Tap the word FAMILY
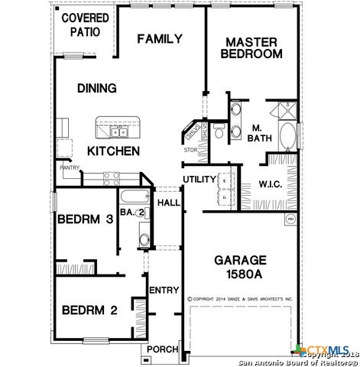[159, 39]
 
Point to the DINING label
[96, 88]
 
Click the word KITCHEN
[112, 151]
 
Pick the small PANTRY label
[70, 167]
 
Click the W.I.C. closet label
[271, 183]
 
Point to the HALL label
[168, 203]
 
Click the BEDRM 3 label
[86, 219]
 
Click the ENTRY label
[164, 290]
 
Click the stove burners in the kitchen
[112, 177]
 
